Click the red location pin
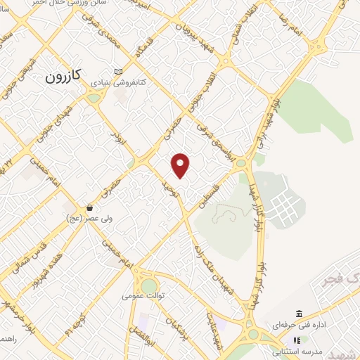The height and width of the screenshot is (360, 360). click(x=181, y=165)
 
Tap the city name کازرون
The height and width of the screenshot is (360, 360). click(x=65, y=76)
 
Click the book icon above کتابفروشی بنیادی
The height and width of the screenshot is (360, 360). click(x=117, y=71)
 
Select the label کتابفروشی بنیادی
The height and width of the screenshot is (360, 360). click(x=117, y=82)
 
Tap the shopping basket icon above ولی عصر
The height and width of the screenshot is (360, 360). click(x=90, y=208)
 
